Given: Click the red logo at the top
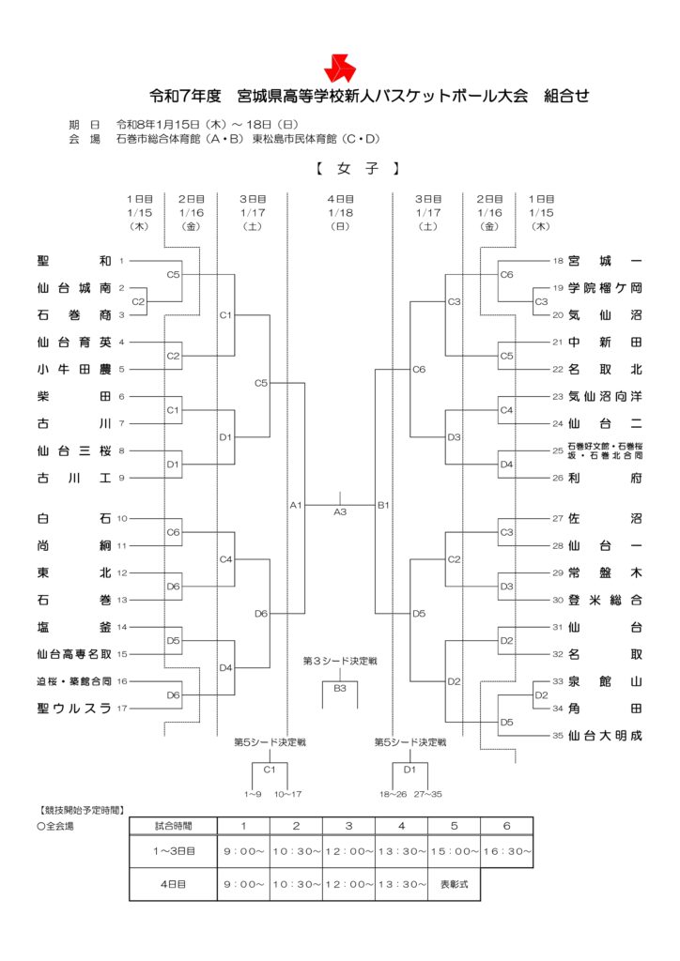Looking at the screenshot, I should point(339,67).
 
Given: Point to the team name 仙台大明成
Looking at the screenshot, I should point(606,736).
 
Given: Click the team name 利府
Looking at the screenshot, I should point(606,478).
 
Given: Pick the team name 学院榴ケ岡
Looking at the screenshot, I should point(606,287).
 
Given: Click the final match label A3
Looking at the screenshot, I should point(340,511).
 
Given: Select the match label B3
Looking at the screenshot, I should point(340,688).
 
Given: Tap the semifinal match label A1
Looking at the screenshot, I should point(295,506).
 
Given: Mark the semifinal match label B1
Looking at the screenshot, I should point(383,506).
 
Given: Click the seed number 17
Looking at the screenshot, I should point(122,709).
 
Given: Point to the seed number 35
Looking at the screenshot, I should point(558,736).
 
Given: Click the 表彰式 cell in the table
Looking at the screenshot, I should point(454,883).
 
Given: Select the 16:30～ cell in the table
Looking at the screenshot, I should point(506,851).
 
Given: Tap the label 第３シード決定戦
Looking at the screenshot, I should point(340,662).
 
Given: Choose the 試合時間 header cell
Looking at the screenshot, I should point(174,826).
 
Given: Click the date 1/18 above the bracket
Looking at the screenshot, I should point(340,213).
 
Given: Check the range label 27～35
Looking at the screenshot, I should point(428,794).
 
